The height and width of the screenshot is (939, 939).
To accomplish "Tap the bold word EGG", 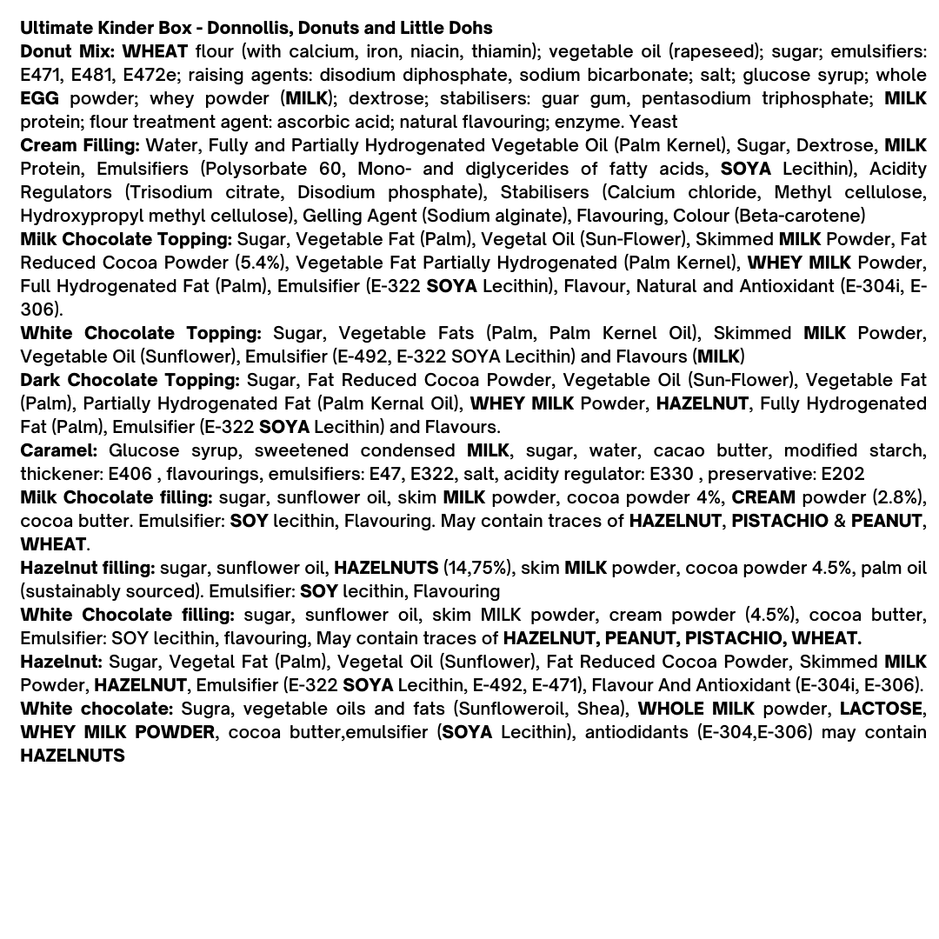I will click(x=39, y=98).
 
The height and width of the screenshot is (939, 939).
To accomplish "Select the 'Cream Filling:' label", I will click(x=79, y=145).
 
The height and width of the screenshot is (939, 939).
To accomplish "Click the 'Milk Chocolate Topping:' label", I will click(x=126, y=239).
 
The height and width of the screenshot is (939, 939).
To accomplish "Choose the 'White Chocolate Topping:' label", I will click(x=140, y=333).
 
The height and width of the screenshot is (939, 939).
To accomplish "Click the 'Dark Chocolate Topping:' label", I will click(x=130, y=380).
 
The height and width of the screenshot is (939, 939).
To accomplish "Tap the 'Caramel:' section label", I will click(x=58, y=450).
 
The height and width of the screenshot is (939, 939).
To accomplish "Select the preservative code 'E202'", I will click(x=842, y=474).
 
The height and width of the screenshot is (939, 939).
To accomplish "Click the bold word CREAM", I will click(x=763, y=497).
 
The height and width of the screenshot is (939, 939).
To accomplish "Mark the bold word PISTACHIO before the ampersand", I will click(x=779, y=521).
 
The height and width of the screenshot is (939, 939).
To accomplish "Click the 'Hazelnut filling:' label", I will click(x=87, y=568).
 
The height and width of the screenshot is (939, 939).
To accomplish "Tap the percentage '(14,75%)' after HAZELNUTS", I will click(x=476, y=568).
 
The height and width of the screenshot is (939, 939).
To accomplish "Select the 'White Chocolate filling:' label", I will click(x=127, y=615).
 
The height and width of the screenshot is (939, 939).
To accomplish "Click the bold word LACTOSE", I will click(x=881, y=709).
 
